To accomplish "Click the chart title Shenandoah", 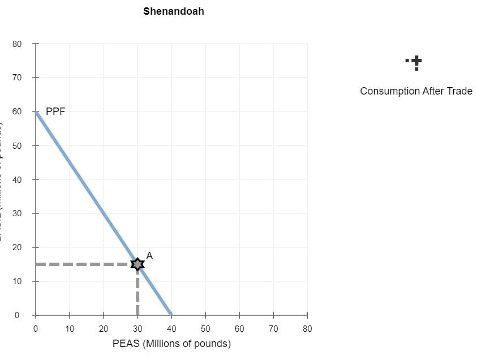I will click(x=174, y=11).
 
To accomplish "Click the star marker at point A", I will click(x=137, y=264).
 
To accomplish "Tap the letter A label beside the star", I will click(x=149, y=256).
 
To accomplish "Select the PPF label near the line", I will click(x=55, y=112).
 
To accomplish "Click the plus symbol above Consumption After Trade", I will click(x=416, y=61).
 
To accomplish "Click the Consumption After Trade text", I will click(x=416, y=91).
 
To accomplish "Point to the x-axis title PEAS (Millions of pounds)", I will click(x=171, y=344).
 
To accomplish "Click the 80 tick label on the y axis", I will click(x=18, y=44).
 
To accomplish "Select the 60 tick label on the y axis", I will click(x=18, y=112).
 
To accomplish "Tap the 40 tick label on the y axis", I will click(x=18, y=179).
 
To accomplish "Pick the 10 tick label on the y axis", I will click(x=18, y=281).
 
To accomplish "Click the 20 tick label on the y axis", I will click(x=18, y=247).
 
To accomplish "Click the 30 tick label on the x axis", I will click(x=137, y=328).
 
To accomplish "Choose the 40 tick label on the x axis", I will click(x=171, y=328).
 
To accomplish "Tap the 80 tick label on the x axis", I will click(x=307, y=328).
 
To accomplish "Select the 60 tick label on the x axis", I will click(x=239, y=328).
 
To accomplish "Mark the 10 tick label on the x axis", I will click(x=70, y=328).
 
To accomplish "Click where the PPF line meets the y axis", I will click(x=36, y=112).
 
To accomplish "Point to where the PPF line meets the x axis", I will click(x=171, y=314).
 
